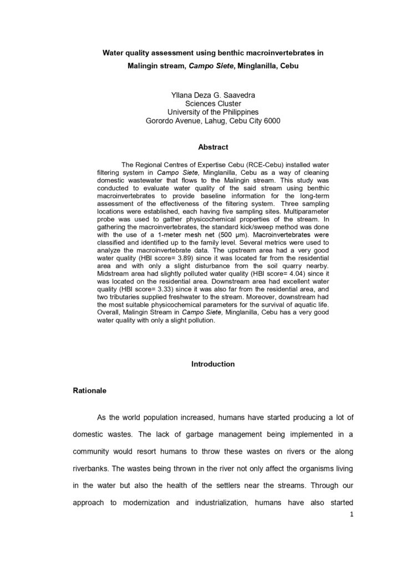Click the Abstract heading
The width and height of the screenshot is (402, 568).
coord(213,147)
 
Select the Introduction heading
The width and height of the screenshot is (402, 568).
coord(213,364)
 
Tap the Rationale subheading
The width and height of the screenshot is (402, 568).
coord(90,390)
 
